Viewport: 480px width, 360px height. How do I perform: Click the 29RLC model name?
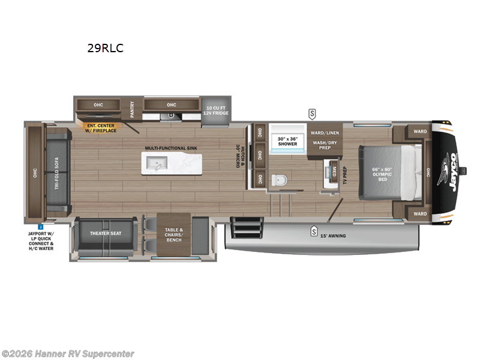click(106, 49)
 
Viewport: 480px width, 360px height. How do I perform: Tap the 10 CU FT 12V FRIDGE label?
click(215, 112)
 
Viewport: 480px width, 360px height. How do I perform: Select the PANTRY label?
click(133, 109)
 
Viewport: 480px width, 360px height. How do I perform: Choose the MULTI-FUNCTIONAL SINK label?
click(171, 148)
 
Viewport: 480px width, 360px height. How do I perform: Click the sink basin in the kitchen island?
click(159, 162)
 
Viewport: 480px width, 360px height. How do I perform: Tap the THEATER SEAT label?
click(106, 233)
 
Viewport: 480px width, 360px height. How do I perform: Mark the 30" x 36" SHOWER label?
click(287, 140)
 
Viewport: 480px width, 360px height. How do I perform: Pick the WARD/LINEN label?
click(325, 133)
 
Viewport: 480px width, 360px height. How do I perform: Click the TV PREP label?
click(346, 174)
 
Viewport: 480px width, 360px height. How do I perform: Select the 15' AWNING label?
click(332, 236)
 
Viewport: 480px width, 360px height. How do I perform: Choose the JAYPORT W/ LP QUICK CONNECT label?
click(40, 240)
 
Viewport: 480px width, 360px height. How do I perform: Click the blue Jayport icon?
click(40, 227)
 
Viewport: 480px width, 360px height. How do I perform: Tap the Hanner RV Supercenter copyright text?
click(68, 354)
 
